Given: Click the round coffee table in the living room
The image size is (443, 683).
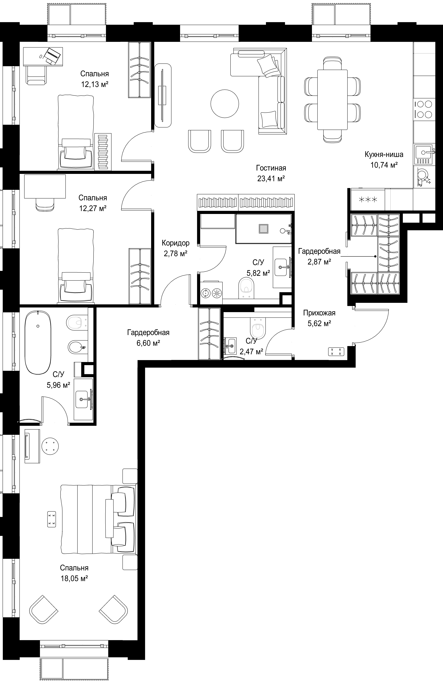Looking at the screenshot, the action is pyautogui.click(x=225, y=104).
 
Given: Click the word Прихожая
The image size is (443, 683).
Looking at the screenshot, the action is pyautogui.click(x=319, y=313).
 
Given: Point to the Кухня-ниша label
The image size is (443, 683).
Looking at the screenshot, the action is pyautogui.click(x=384, y=154).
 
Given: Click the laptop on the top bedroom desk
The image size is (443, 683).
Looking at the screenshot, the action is pyautogui.click(x=52, y=55).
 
